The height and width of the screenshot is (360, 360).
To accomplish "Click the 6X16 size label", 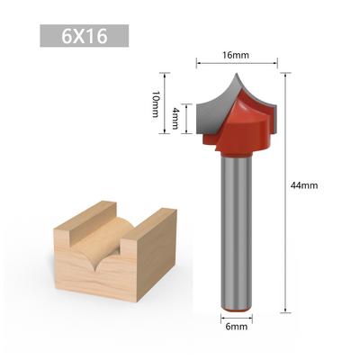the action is click(85, 36).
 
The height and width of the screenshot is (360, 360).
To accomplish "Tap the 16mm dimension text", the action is click(236, 55).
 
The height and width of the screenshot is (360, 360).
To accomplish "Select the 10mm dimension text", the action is click(156, 103).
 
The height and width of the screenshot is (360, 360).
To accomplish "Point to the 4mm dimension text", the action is click(175, 119).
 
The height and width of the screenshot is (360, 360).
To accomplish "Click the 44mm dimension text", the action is click(304, 185).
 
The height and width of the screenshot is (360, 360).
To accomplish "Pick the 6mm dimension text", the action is click(237, 327).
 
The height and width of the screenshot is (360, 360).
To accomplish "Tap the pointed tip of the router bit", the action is click(237, 73).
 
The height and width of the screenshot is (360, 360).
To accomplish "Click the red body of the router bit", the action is click(241, 128).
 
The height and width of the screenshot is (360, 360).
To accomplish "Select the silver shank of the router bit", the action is click(237, 231).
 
